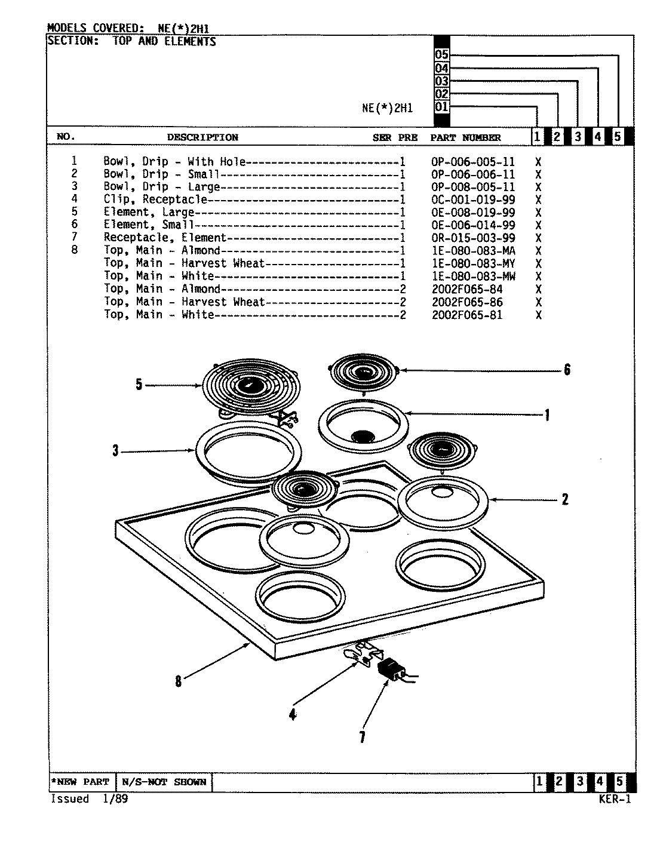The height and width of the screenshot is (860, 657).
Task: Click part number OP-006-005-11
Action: pos(472,162)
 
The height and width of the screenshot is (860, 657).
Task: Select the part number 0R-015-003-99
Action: pos(472,238)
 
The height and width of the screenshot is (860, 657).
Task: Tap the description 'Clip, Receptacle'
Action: pos(155,199)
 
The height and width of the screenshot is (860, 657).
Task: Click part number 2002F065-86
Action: pos(467,302)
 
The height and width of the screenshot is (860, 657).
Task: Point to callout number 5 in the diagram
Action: pos(139,385)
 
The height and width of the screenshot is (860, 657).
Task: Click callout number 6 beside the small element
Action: pos(567,370)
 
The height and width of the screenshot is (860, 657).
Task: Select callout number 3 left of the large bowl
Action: pos(116,451)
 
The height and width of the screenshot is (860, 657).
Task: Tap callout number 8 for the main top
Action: pos(178,681)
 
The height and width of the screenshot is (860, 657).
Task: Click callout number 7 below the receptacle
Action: pos(362,737)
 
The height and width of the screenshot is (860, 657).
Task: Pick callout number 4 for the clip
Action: pos(292,714)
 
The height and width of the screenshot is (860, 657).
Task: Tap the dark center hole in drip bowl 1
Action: pos(363,437)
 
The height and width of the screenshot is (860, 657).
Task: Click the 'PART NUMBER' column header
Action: pos(465,137)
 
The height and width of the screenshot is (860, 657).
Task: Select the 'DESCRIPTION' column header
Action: pos(202,137)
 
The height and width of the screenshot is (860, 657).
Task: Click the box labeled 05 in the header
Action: pos(441,55)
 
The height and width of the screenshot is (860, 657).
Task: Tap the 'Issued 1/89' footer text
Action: pos(89,799)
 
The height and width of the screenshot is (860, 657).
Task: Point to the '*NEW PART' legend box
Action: pos(81,782)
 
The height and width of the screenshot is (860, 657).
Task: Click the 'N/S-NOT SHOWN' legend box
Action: pos(164,782)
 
